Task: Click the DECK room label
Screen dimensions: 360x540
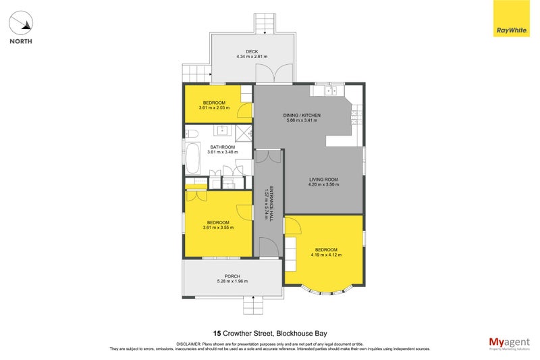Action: click(252, 51)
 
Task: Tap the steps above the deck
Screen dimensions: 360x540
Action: click(265, 24)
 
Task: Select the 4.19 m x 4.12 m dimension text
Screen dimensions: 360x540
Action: click(326, 255)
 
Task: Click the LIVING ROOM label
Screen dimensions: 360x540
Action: click(323, 179)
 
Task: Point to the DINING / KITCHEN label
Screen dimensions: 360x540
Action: click(302, 115)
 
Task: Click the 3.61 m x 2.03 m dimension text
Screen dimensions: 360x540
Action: click(215, 108)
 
